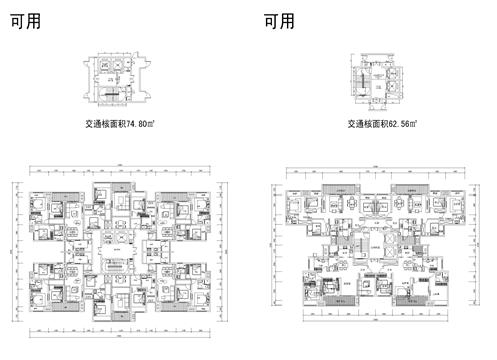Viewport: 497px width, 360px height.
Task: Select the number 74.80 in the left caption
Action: click(x=141, y=126)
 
